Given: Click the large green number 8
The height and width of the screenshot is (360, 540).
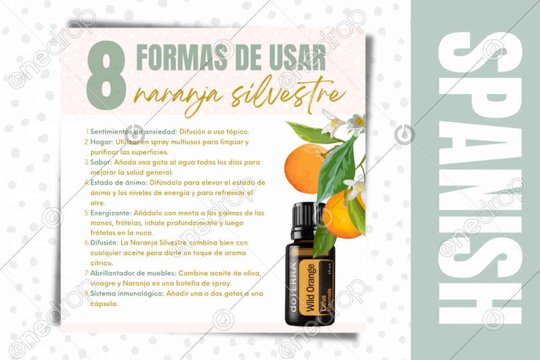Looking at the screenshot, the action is point(106,76).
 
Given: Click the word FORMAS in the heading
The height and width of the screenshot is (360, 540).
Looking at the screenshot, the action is point(182,57).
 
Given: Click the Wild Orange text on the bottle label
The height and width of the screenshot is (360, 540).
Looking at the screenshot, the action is point(310,288).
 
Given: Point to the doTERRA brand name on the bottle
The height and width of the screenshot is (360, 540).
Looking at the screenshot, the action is point(293,287).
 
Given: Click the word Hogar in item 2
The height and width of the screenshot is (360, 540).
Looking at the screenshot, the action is point(102,142).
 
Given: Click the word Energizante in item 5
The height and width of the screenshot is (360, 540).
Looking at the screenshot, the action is point(111,213).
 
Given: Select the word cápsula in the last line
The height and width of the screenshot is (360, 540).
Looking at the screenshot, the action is point(104,304).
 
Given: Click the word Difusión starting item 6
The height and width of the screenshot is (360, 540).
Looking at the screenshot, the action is point(104,243).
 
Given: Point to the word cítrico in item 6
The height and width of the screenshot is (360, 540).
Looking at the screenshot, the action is point(102,263).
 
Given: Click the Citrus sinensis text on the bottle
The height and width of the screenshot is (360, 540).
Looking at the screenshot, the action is point(326,300).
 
